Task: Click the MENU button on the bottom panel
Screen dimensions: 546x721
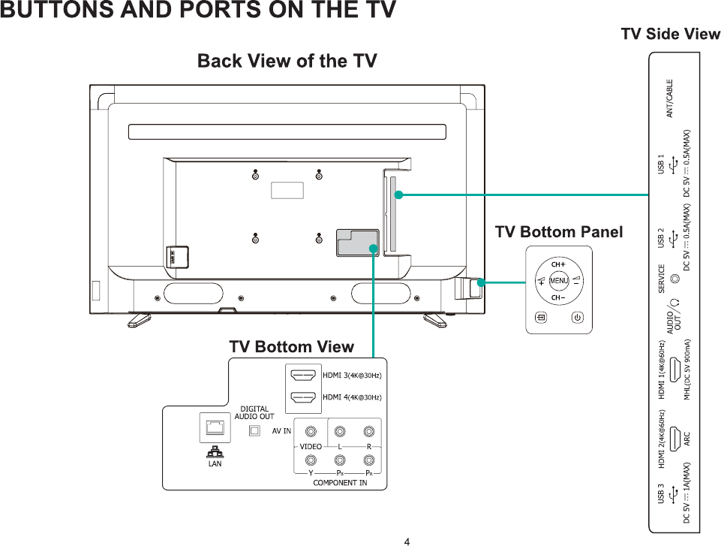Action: (558, 281)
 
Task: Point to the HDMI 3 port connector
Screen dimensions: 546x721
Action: (303, 375)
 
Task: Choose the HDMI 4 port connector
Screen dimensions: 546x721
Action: (303, 397)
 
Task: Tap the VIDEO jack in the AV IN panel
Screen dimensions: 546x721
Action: (311, 432)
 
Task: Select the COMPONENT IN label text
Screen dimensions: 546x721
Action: (340, 483)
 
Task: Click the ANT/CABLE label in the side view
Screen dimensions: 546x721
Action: (669, 98)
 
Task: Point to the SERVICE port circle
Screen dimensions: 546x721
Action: (675, 279)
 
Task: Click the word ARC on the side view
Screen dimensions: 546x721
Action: (687, 437)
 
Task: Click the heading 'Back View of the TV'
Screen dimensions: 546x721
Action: (287, 61)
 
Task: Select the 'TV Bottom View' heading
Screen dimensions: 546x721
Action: (291, 347)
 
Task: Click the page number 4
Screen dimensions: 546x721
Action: (407, 541)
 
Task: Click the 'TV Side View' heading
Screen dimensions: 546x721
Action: (670, 34)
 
